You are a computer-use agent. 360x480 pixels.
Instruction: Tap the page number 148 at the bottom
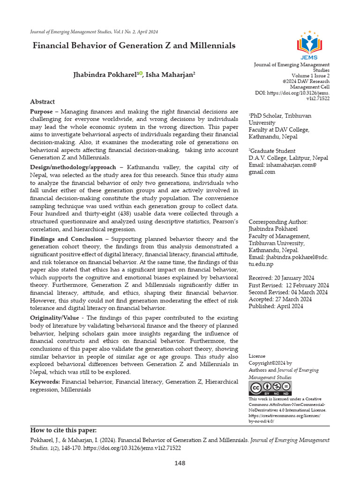pos(180,463)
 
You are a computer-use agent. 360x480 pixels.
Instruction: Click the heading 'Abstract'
pos(42,102)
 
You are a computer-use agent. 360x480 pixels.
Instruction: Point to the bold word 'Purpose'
pos(41,112)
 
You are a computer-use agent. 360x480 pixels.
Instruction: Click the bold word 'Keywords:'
pos(45,382)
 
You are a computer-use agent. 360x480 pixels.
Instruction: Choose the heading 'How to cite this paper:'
pos(63,430)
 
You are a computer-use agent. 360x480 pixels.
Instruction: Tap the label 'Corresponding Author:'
pos(278,222)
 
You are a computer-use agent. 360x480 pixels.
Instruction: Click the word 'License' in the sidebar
pos(257,356)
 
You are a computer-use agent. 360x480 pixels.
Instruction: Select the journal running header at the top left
pos(94,32)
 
